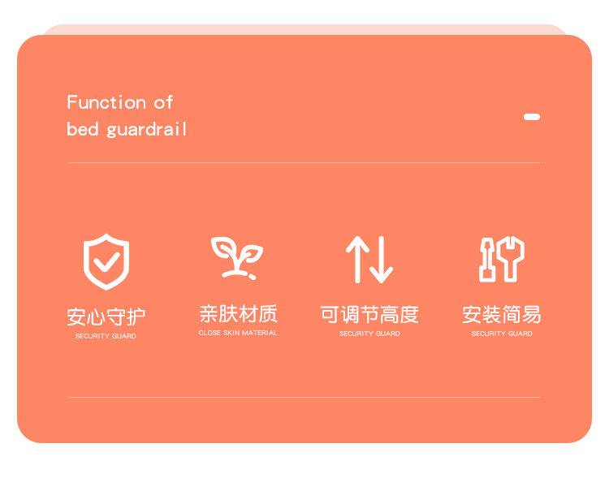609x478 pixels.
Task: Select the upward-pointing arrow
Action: (x=357, y=259)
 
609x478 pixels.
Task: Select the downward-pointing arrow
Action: (x=382, y=259)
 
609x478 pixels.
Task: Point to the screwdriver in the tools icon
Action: (x=486, y=260)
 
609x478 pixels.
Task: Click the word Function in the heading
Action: (x=106, y=102)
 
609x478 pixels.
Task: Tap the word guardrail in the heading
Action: (x=146, y=130)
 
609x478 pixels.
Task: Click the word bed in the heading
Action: (x=82, y=128)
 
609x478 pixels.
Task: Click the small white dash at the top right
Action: (x=532, y=117)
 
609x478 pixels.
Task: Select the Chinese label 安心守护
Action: (x=106, y=317)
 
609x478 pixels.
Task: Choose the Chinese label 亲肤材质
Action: (x=238, y=314)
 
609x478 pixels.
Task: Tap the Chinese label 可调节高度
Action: (x=369, y=315)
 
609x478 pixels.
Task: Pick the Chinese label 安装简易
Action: (x=502, y=315)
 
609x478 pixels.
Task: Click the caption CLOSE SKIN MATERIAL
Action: (x=238, y=333)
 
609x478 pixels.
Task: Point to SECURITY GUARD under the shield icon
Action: (x=106, y=336)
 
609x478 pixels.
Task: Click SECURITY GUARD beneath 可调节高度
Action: (x=369, y=334)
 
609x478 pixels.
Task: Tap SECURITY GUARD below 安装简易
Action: (x=502, y=334)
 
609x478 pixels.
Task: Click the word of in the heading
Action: (x=163, y=102)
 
